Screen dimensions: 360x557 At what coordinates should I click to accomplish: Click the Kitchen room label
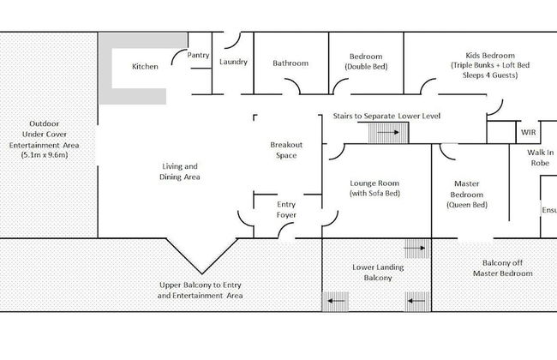(x=144, y=66)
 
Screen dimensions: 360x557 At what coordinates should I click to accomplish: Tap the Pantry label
(x=198, y=56)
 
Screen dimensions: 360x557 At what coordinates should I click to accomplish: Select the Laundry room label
(x=233, y=62)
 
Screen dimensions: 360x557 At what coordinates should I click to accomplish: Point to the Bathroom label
(x=290, y=63)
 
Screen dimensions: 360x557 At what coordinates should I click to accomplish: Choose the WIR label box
(x=529, y=133)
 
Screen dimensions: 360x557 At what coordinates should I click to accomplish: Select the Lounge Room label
(x=376, y=189)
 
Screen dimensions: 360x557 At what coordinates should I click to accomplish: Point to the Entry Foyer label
(x=286, y=210)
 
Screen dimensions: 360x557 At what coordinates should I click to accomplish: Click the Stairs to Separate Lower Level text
(x=386, y=115)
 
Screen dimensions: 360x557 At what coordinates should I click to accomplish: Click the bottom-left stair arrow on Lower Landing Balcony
(x=335, y=301)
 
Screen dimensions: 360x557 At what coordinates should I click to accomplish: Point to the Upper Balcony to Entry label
(x=201, y=290)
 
